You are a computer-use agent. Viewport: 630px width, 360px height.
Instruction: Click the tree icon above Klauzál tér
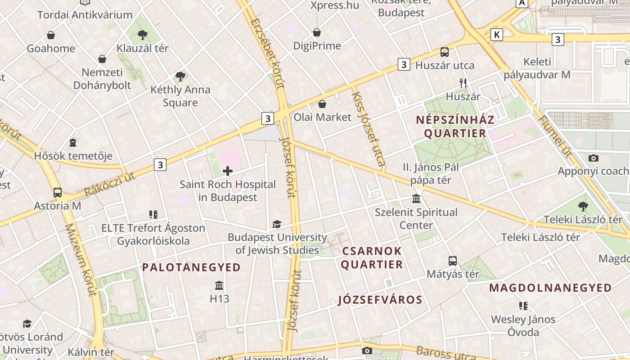click(x=143, y=34)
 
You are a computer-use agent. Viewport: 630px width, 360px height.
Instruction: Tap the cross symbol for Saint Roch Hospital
click(x=228, y=171)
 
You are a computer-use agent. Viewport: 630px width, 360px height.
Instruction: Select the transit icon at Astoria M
click(x=58, y=193)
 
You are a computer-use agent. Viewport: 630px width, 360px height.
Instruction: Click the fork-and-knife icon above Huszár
click(x=463, y=83)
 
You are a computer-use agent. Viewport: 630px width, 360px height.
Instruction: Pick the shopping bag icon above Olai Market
click(x=322, y=104)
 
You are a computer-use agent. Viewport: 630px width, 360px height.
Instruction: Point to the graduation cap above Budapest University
click(x=277, y=224)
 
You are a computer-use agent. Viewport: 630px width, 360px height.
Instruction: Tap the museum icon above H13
click(x=219, y=285)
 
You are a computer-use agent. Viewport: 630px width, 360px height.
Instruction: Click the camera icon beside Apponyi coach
click(x=594, y=158)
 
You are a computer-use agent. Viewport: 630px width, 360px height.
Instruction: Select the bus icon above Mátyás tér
click(x=452, y=261)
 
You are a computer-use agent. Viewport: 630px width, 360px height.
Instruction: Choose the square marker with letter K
click(x=497, y=35)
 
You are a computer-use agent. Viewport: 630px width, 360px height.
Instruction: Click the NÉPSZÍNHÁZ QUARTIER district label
click(x=455, y=126)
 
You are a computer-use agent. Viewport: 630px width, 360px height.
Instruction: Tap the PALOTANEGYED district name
click(x=192, y=267)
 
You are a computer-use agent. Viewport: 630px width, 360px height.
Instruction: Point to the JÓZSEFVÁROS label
click(x=380, y=300)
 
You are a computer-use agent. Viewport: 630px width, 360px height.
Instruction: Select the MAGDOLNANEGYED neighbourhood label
click(x=550, y=288)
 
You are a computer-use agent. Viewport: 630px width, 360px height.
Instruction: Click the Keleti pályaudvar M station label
click(x=537, y=68)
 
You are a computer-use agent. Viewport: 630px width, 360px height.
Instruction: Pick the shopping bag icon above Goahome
click(x=51, y=35)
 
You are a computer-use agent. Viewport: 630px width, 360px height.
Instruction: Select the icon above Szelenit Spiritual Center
click(x=416, y=199)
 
